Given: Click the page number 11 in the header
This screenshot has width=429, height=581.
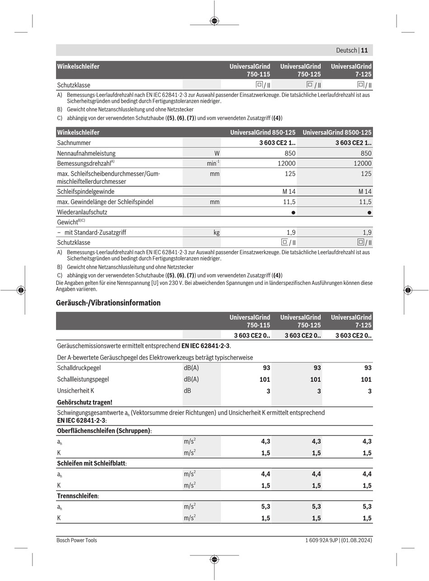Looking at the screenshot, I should (365, 50).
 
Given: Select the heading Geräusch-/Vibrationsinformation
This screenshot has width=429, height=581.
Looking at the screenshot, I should (108, 303).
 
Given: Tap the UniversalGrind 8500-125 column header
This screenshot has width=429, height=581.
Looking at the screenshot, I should (337, 133).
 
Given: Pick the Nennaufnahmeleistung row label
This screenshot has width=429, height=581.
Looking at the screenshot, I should (86, 153).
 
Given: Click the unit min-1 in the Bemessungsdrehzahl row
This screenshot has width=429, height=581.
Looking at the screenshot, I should (213, 163).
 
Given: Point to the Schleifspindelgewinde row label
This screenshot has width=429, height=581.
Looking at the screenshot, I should (86, 192).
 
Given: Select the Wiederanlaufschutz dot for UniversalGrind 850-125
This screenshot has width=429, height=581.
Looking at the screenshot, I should (294, 212).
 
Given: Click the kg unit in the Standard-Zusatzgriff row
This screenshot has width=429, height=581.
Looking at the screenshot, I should (217, 233).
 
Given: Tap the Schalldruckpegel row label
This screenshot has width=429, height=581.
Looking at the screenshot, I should (79, 368).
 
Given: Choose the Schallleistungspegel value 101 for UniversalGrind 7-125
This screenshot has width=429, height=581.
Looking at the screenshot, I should (366, 380).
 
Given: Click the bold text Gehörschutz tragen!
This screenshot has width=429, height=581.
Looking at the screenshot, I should (85, 402).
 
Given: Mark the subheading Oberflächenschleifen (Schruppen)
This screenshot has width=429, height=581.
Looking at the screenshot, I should (104, 430).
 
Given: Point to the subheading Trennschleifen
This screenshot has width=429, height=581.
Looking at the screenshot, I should (78, 496).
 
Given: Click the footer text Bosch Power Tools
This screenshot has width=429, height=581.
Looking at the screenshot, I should (76, 540).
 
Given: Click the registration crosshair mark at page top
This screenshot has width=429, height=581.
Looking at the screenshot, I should (214, 20).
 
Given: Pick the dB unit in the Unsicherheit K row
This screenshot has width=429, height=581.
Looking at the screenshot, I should (187, 391).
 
